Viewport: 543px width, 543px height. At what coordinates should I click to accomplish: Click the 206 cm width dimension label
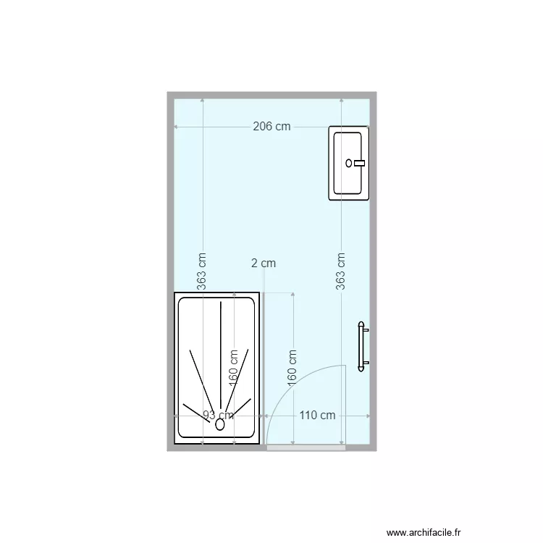271,127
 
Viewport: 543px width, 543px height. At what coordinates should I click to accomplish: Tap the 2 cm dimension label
264,264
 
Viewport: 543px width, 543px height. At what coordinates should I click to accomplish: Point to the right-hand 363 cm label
341,271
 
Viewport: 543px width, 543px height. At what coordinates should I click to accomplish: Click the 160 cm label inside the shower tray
233,369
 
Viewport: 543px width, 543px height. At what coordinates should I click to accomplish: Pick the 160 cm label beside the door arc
292,369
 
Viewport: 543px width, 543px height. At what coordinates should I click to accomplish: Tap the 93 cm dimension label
218,416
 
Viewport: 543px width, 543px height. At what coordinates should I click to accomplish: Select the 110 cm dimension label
317,416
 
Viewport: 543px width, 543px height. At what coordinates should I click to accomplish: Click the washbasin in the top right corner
349,163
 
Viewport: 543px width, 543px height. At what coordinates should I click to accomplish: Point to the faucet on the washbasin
356,164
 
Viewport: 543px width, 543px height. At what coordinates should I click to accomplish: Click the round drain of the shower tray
219,426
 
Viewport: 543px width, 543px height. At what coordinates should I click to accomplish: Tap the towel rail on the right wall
361,347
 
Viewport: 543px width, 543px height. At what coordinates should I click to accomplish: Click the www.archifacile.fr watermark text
423,531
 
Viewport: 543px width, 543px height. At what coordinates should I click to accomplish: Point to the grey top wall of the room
271,95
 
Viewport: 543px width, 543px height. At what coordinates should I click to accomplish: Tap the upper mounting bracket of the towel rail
365,331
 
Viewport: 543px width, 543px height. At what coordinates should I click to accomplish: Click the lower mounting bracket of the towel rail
365,362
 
